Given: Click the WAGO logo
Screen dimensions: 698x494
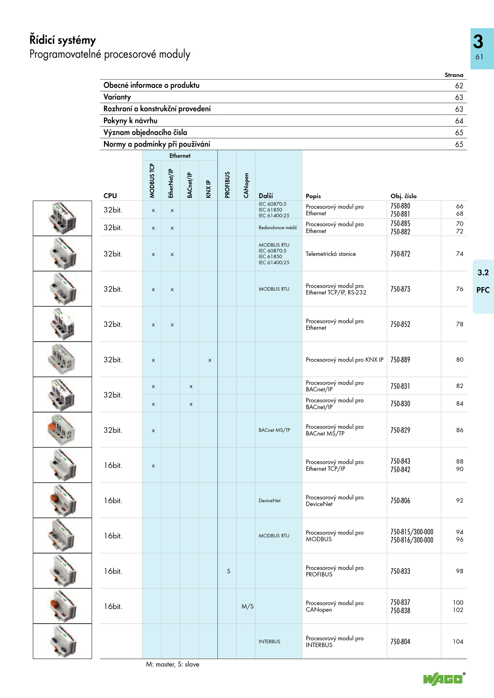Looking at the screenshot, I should tap(443, 679).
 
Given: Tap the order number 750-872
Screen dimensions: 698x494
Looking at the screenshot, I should tap(400, 254).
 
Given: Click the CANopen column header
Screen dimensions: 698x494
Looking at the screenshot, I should tap(246, 185).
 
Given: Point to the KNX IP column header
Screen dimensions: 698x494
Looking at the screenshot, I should tap(208, 189).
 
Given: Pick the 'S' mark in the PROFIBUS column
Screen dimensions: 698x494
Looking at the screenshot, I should tap(228, 571).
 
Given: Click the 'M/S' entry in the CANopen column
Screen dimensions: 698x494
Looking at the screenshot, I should tap(247, 606).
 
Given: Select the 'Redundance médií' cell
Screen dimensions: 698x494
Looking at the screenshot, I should tap(278, 228).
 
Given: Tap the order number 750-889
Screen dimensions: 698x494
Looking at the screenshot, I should tap(400, 360).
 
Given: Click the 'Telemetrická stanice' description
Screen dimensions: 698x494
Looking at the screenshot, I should tap(331, 254).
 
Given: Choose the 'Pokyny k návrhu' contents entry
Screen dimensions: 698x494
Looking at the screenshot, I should tap(130, 121).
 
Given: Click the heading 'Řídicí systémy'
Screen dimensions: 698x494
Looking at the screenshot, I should tap(63, 40).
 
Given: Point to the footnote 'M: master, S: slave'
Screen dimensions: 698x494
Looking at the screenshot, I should tap(173, 664).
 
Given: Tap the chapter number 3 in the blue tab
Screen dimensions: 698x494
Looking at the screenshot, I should tap(478, 42).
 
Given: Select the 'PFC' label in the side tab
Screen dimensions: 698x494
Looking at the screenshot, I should tap(483, 290).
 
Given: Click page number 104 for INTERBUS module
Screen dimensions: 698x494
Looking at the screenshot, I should tap(458, 642).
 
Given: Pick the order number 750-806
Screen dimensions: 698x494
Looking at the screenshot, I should tap(400, 501).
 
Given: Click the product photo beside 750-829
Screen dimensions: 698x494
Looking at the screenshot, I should tap(62, 430).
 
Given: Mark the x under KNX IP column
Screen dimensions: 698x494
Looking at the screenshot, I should tap(210, 360).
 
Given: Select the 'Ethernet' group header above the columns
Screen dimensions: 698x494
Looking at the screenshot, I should tap(180, 156).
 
